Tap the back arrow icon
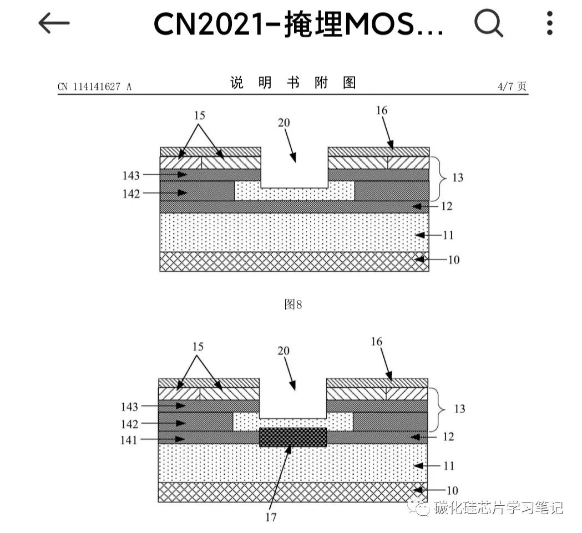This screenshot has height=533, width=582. [54, 23]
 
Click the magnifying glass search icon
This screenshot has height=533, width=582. [488, 23]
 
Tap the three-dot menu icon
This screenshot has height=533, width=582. [550, 23]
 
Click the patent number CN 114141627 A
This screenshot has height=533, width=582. [94, 87]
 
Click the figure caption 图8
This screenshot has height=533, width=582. [293, 304]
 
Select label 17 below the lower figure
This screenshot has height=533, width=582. [271, 517]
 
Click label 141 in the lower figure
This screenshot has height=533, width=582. [129, 440]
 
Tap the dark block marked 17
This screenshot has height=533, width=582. [293, 437]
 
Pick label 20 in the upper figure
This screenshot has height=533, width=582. [284, 123]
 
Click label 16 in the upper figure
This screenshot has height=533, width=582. [381, 110]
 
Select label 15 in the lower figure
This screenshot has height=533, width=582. [198, 347]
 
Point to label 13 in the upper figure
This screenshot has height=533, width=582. [458, 178]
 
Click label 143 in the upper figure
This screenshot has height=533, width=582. [131, 175]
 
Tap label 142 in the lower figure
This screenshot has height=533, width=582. [129, 424]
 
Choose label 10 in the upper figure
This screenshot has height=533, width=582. [454, 260]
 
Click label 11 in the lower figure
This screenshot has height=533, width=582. [449, 466]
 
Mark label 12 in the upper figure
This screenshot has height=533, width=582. [447, 206]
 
